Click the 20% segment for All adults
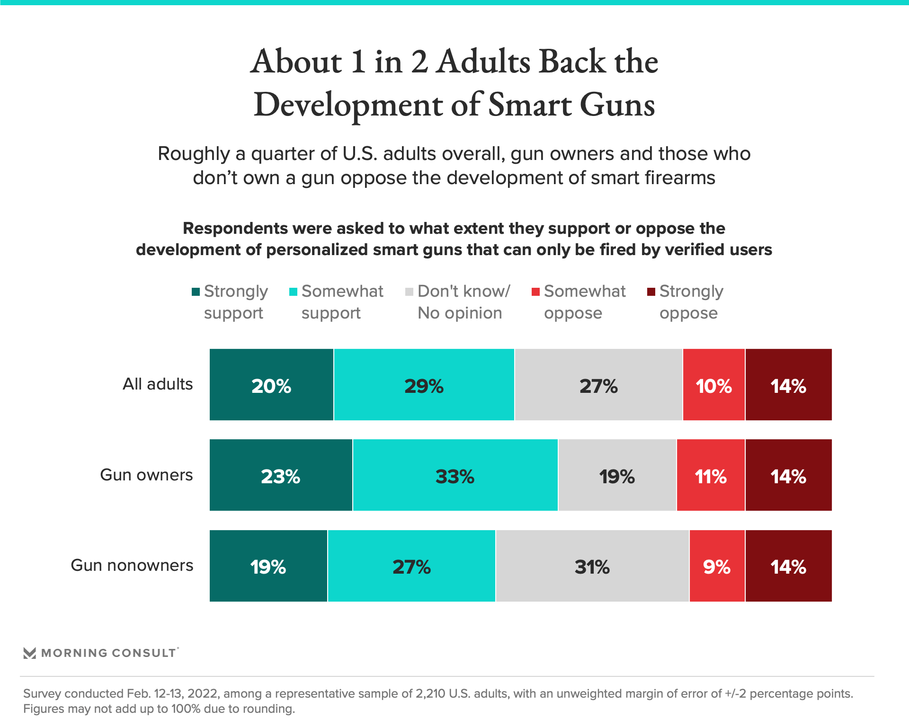tap(271, 385)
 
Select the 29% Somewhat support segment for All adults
tap(424, 385)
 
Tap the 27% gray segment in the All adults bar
tap(598, 385)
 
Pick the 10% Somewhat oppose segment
tap(713, 385)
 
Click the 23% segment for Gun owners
tap(281, 475)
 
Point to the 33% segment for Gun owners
tap(455, 475)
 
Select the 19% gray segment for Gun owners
tap(617, 475)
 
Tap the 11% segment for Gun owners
tap(711, 475)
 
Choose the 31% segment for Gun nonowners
tap(592, 566)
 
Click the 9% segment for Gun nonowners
tap(717, 566)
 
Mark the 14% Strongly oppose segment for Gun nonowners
tap(788, 566)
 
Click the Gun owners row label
tap(146, 475)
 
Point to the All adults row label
tap(158, 384)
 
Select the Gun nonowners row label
tap(132, 565)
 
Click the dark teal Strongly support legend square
tap(196, 292)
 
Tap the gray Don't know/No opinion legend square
tap(410, 292)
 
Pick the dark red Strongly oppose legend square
tap(651, 292)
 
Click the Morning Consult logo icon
tap(30, 653)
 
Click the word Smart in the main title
tap(529, 105)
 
